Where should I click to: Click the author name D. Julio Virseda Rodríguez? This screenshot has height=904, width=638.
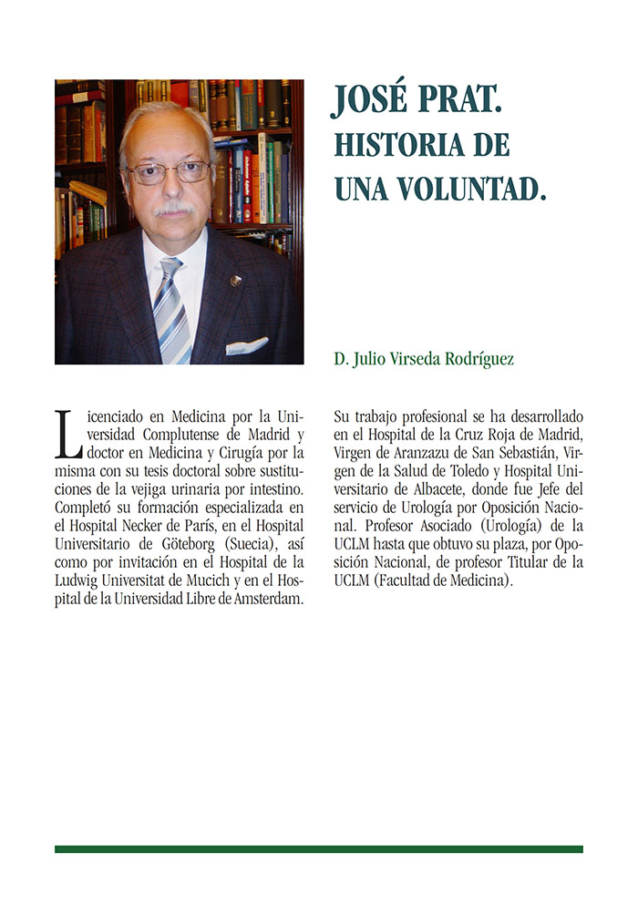coord(424,359)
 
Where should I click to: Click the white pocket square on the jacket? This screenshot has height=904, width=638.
coord(246,345)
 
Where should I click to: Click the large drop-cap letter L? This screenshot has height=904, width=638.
coord(66,434)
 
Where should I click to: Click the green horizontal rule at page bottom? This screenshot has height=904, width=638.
coord(318,849)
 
